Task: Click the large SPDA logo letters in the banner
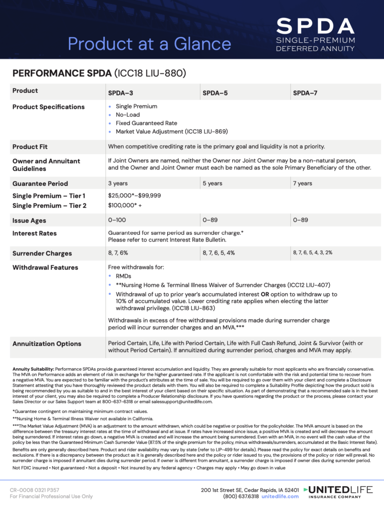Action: point(315,26)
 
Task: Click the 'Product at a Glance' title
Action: point(149,44)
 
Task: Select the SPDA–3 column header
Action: point(120,92)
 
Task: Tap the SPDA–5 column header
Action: point(215,92)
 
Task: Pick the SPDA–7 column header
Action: point(305,92)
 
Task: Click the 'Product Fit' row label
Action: point(30,147)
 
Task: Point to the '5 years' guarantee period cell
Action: point(212,183)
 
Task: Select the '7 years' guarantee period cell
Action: point(302,183)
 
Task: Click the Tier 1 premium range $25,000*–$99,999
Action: point(134,196)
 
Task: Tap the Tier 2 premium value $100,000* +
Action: point(125,205)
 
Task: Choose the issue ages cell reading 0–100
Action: point(117,220)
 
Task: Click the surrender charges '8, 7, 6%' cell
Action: point(118,253)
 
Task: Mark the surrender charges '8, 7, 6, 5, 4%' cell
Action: point(219,253)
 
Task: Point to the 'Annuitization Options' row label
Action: point(47,343)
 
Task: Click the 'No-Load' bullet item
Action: point(128,115)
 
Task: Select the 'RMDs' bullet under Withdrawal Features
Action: point(124,276)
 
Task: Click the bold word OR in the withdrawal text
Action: point(266,294)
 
